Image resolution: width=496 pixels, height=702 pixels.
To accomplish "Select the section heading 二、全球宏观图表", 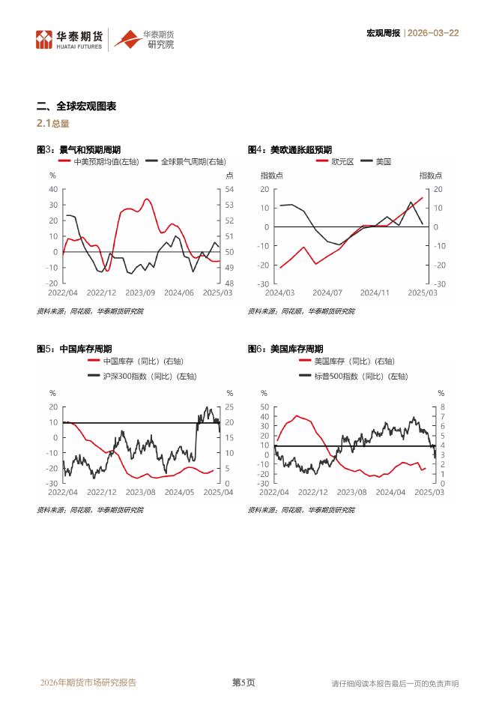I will point(76,106).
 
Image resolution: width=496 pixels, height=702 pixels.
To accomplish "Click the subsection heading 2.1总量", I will point(53,124).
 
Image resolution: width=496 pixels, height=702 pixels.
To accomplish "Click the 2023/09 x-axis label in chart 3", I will point(140,292).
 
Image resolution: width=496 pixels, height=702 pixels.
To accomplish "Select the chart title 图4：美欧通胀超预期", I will point(290,150).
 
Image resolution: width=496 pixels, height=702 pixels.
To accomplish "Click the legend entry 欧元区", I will point(342,161).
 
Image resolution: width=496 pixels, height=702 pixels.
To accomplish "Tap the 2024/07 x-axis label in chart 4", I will point(327,292).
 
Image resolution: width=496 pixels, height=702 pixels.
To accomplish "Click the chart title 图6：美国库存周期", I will point(285,349).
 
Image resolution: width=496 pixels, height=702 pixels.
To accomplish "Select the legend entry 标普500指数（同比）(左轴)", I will point(360,376).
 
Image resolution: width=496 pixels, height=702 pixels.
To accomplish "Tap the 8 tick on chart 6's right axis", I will point(442,406).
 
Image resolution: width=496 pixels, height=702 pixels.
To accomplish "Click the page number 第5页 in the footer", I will point(243,682).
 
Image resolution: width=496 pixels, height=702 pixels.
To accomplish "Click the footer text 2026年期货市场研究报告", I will point(88,682).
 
